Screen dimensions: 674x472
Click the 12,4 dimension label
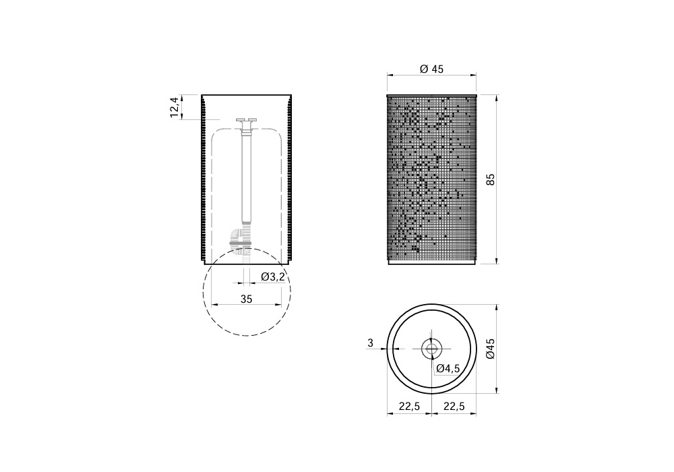point(174,107)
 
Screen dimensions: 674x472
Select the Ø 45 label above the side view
point(431,69)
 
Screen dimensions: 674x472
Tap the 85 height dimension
point(491,179)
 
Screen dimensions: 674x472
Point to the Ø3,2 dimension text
point(273,277)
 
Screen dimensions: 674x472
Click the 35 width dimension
point(246,299)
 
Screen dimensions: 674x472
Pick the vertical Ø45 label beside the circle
point(491,349)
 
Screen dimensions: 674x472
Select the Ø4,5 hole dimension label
point(448,368)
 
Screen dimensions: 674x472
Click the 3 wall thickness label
point(371,343)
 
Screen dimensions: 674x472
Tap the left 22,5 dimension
point(409,406)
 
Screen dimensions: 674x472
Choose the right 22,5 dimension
point(454,406)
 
